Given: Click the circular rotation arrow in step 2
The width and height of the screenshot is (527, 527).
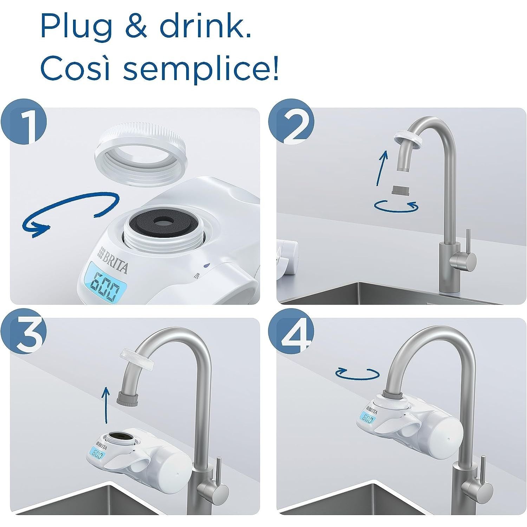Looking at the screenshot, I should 396,206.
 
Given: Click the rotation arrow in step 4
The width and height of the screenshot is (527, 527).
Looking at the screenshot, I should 358,373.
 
